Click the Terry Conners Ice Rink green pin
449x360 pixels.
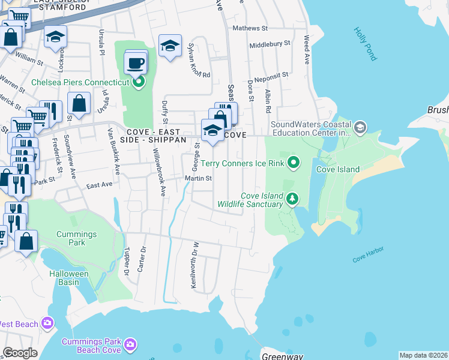294,163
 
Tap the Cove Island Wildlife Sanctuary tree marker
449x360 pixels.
292,199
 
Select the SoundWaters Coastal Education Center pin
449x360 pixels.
360,127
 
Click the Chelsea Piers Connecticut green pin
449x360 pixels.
139,82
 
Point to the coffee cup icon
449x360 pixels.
136,62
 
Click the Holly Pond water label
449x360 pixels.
365,43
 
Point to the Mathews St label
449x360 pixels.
250,28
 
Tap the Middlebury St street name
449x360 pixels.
270,44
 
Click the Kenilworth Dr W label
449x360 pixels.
194,265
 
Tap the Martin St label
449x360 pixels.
199,178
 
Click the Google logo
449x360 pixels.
20,353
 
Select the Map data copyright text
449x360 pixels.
424,355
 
